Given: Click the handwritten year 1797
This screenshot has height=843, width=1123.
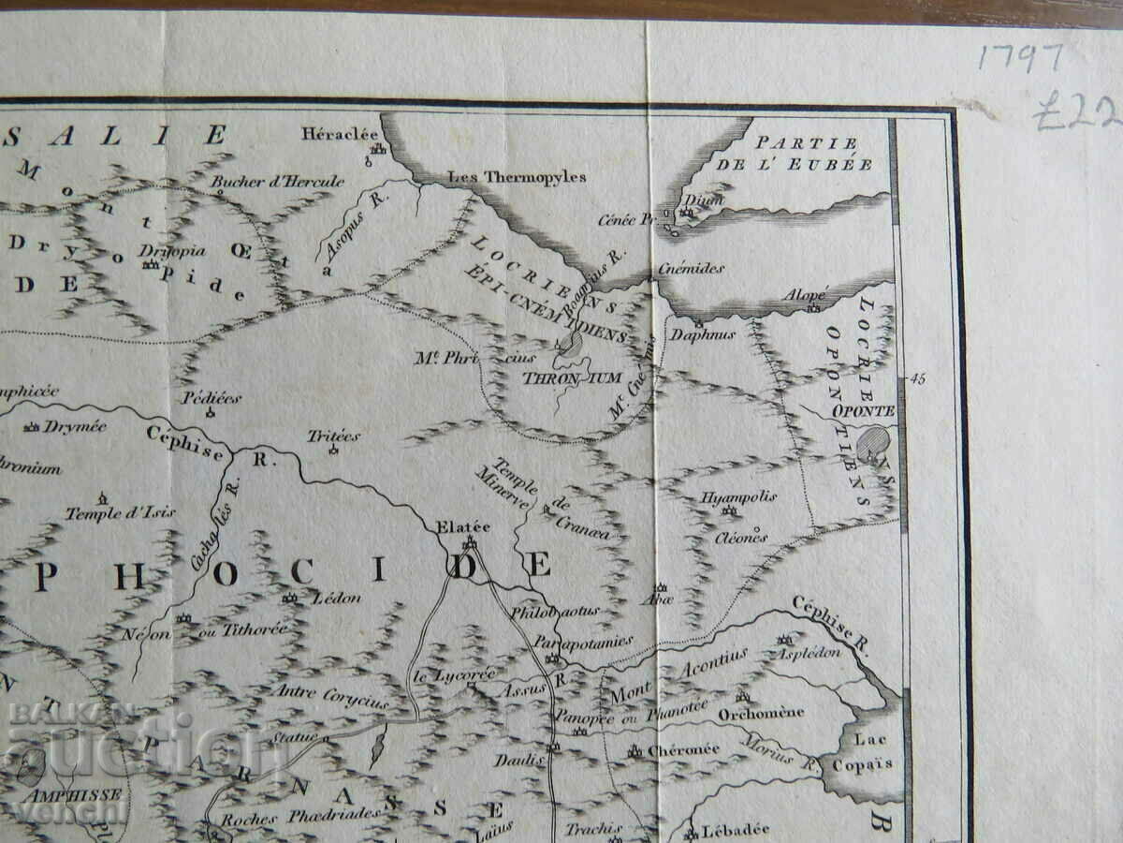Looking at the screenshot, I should (x=1021, y=58).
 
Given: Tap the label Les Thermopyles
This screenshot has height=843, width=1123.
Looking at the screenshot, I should (x=517, y=176).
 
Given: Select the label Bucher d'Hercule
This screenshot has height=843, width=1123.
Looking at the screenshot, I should (x=277, y=181).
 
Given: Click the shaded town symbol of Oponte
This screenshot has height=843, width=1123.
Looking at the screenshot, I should (x=874, y=442).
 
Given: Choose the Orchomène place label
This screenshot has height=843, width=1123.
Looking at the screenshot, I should (x=761, y=712).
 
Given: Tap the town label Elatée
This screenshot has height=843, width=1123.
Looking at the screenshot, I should (x=463, y=526).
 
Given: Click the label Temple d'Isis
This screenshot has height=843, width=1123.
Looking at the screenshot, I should (x=120, y=512).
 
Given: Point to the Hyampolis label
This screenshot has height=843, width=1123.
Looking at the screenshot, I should (x=738, y=497).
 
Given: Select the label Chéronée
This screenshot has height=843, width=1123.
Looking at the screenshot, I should (x=684, y=749).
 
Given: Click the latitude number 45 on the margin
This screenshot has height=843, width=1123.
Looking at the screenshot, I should (x=917, y=378).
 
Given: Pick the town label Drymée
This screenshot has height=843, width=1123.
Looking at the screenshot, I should (x=76, y=426).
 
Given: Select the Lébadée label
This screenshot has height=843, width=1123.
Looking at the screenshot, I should (x=735, y=828).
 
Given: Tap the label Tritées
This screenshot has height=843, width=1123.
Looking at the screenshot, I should (x=333, y=436).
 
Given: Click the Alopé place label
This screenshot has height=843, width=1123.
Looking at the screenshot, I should (x=805, y=294).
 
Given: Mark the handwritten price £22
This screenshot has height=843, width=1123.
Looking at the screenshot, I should (x=1076, y=114).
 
